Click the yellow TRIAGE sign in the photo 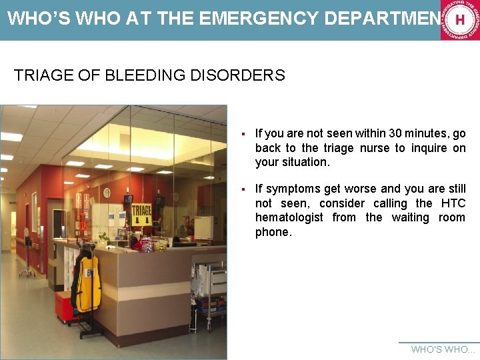click(x=141, y=214)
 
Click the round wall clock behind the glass click(x=107, y=193)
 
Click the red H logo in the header click(x=459, y=20)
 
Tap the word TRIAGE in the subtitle click(x=41, y=75)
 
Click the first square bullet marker click(x=246, y=134)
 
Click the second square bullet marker click(x=246, y=189)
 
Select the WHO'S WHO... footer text click(x=443, y=349)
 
